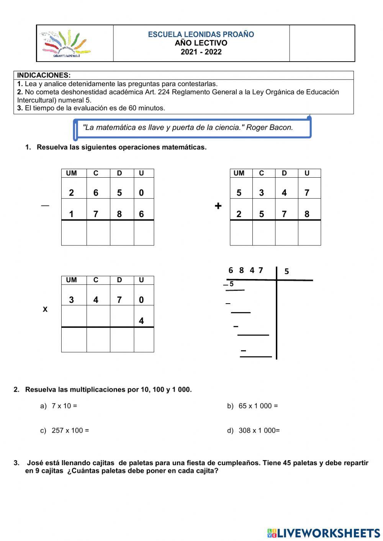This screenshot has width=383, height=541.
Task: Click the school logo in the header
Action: (65, 44)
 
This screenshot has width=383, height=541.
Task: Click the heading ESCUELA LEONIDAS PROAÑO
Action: (201, 34)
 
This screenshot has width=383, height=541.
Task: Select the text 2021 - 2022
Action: (201, 52)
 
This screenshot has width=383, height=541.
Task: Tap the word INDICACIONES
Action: (44, 75)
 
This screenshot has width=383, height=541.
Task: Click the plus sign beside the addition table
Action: (218, 206)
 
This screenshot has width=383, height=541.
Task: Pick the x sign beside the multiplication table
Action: (45, 309)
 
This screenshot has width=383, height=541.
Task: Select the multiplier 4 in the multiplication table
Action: (141, 321)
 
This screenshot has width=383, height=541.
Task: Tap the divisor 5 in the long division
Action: (286, 271)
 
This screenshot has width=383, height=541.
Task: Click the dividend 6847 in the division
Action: (246, 270)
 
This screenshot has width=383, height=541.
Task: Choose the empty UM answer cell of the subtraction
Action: (74, 233)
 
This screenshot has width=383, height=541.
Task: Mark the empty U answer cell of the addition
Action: (309, 233)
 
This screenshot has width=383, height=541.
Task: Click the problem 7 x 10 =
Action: (64, 406)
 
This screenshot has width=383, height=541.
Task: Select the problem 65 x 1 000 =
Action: (258, 406)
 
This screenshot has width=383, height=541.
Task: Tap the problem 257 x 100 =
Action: (70, 430)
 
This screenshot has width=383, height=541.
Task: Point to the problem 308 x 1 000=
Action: (259, 430)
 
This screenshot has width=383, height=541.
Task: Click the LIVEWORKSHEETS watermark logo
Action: (324, 533)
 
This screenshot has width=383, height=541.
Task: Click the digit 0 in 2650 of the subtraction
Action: (141, 193)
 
